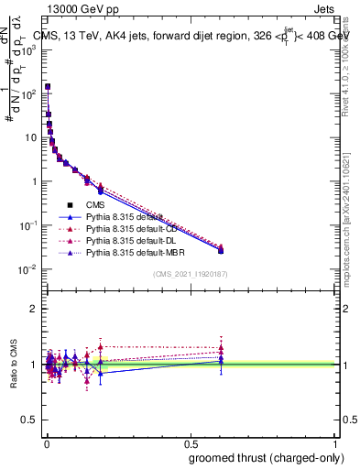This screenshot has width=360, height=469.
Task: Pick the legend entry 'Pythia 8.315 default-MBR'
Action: tap(132, 252)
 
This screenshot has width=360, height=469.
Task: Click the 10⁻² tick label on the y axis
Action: tap(28, 268)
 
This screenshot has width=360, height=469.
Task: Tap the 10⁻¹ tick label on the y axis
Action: tap(28, 224)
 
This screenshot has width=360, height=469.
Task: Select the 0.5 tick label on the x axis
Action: tap(190, 442)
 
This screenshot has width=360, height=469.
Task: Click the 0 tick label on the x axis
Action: tap(46, 442)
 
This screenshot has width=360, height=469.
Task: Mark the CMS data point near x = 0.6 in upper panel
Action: tap(221, 250)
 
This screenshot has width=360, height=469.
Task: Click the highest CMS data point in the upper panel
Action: tap(48, 87)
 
